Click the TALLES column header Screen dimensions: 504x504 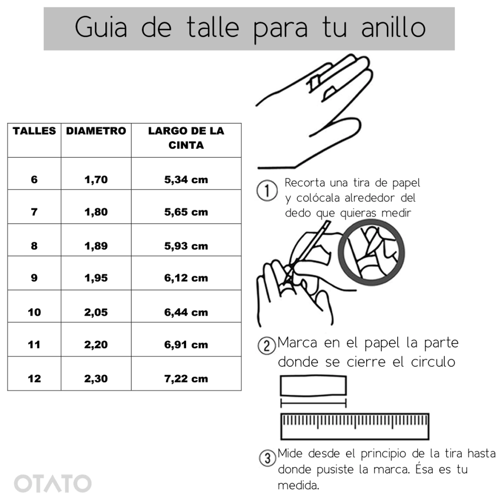click(34, 131)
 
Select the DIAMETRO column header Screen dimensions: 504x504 click(96, 131)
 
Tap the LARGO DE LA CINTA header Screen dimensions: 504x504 click(186, 138)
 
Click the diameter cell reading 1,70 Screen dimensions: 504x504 click(96, 179)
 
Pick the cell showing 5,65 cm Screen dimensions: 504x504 click(186, 212)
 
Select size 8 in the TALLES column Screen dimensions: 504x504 click(34, 246)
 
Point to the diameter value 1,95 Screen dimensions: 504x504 click(96, 278)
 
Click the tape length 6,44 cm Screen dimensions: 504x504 click(186, 312)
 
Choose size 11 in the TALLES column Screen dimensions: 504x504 click(34, 345)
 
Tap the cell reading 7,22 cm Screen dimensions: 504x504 click(186, 378)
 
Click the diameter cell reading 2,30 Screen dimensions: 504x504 click(96, 378)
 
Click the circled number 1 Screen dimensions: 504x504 click(267, 190)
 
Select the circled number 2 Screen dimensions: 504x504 click(267, 346)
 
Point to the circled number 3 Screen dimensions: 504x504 click(267, 458)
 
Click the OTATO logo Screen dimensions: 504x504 click(53, 483)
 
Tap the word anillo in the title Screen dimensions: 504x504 click(393, 28)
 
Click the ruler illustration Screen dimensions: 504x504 click(355, 426)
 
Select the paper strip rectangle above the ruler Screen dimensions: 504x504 click(314, 385)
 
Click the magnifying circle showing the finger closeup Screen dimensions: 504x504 click(371, 252)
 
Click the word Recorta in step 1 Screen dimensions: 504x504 click(305, 183)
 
